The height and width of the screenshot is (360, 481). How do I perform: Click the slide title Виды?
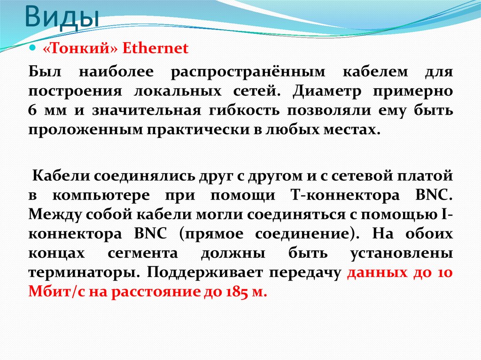pyautogui.click(x=62, y=17)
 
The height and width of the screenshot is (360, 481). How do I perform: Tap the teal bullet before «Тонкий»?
pyautogui.click(x=33, y=48)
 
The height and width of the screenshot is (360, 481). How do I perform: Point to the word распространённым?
pyautogui.click(x=248, y=72)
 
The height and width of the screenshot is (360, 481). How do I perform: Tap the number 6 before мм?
pyautogui.click(x=32, y=110)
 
